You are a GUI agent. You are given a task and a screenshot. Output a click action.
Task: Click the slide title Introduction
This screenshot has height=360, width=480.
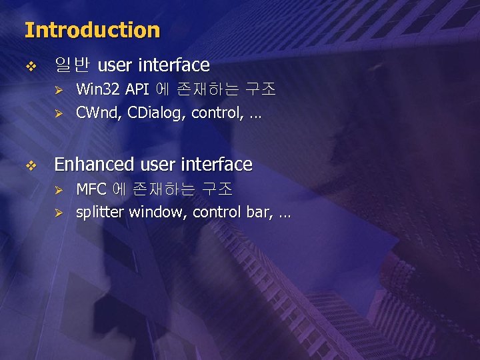(92, 30)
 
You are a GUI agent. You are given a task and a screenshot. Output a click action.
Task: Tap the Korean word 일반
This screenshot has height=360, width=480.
(72, 65)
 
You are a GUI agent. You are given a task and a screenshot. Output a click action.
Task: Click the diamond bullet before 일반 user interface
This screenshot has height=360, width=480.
(29, 66)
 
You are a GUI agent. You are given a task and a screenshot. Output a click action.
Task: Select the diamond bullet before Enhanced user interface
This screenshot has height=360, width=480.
(29, 165)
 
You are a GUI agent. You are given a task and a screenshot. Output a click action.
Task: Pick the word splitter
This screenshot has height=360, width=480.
(100, 213)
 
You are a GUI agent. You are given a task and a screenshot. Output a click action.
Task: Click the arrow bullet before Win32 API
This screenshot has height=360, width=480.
(58, 90)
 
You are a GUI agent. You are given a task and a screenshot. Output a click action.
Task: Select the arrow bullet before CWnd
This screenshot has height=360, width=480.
(58, 114)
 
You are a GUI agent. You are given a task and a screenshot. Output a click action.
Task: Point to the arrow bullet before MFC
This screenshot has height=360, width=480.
(58, 190)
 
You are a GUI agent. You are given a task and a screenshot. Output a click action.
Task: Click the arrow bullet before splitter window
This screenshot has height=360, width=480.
(58, 213)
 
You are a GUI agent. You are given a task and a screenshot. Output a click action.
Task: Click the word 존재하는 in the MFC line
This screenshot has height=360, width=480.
(163, 189)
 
